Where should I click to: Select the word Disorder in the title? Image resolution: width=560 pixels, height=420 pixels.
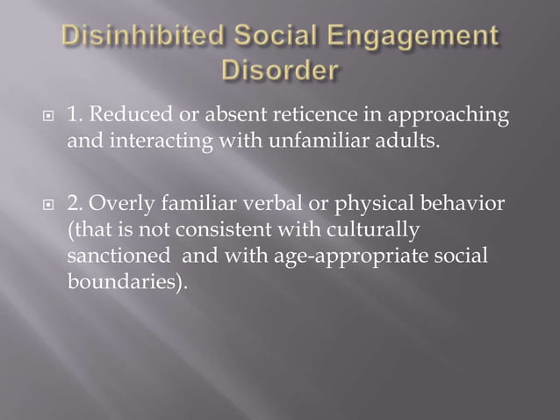click(x=280, y=69)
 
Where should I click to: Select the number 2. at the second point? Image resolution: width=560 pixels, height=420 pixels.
click(x=76, y=206)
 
